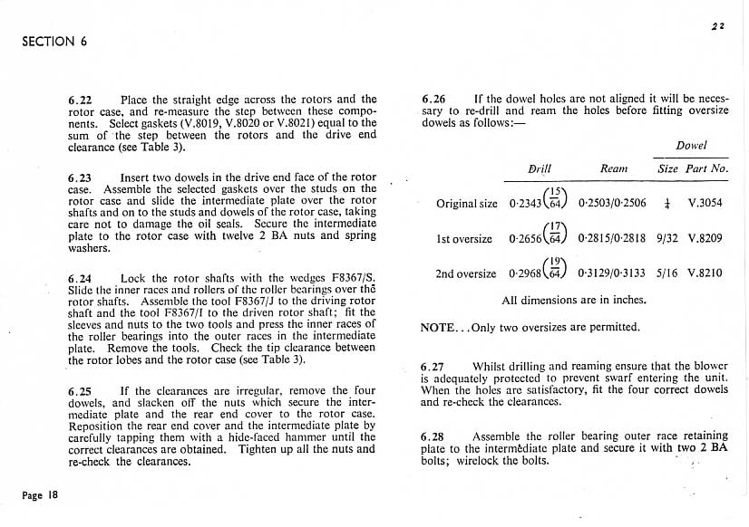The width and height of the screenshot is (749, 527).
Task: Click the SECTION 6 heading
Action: click(x=54, y=42)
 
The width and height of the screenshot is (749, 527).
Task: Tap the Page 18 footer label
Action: click(x=43, y=495)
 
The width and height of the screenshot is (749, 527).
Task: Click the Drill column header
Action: click(x=540, y=168)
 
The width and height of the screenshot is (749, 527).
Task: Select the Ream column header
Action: click(x=614, y=168)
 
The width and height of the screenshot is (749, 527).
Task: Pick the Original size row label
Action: click(x=466, y=204)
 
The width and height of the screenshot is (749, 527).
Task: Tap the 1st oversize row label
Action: click(x=466, y=240)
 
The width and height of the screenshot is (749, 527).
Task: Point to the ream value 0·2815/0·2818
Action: click(x=614, y=240)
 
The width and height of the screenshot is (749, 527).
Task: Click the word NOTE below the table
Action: click(x=438, y=327)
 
